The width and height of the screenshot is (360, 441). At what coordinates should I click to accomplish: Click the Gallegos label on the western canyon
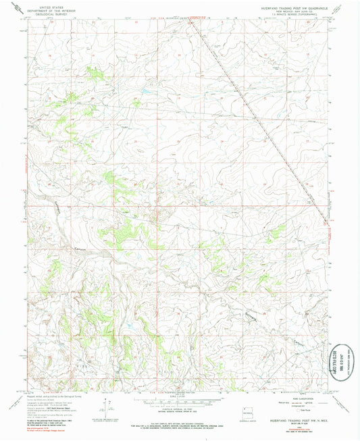tap(62, 210)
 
